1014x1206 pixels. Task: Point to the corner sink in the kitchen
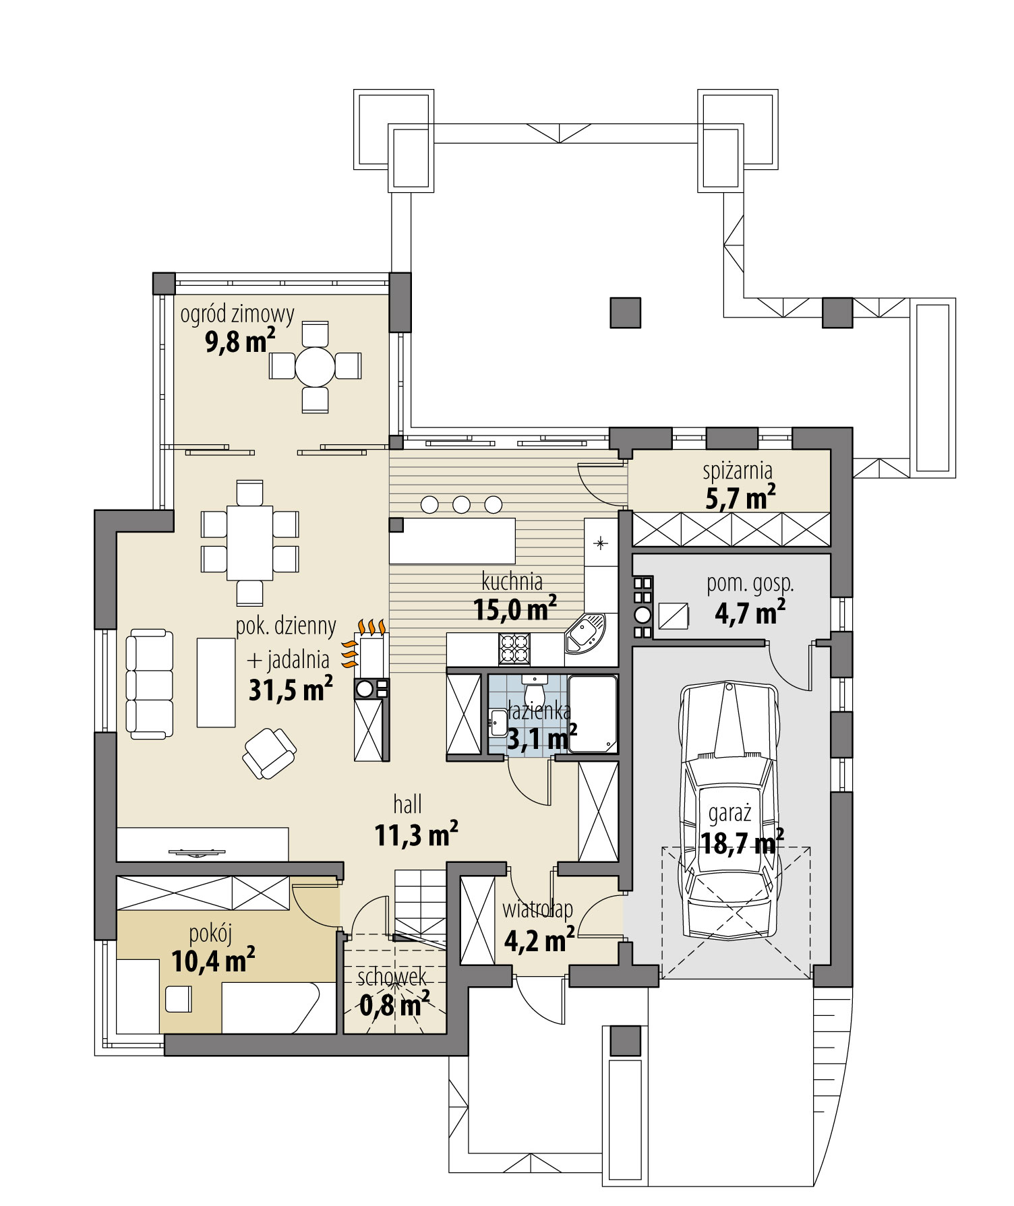pos(585,634)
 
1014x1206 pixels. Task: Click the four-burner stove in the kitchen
pos(514,650)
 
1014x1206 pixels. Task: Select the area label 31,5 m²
pos(291,690)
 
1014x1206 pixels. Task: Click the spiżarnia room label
pos(738,471)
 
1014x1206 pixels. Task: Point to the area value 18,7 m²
pos(742,843)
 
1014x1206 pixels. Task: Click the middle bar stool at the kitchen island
pos(461,504)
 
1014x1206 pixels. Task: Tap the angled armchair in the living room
pos(269,753)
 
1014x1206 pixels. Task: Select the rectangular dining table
pos(249,542)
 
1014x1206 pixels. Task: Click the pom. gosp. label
pos(750,584)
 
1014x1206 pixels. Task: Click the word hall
pos(408,804)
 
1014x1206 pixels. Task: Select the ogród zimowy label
pos(237,314)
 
